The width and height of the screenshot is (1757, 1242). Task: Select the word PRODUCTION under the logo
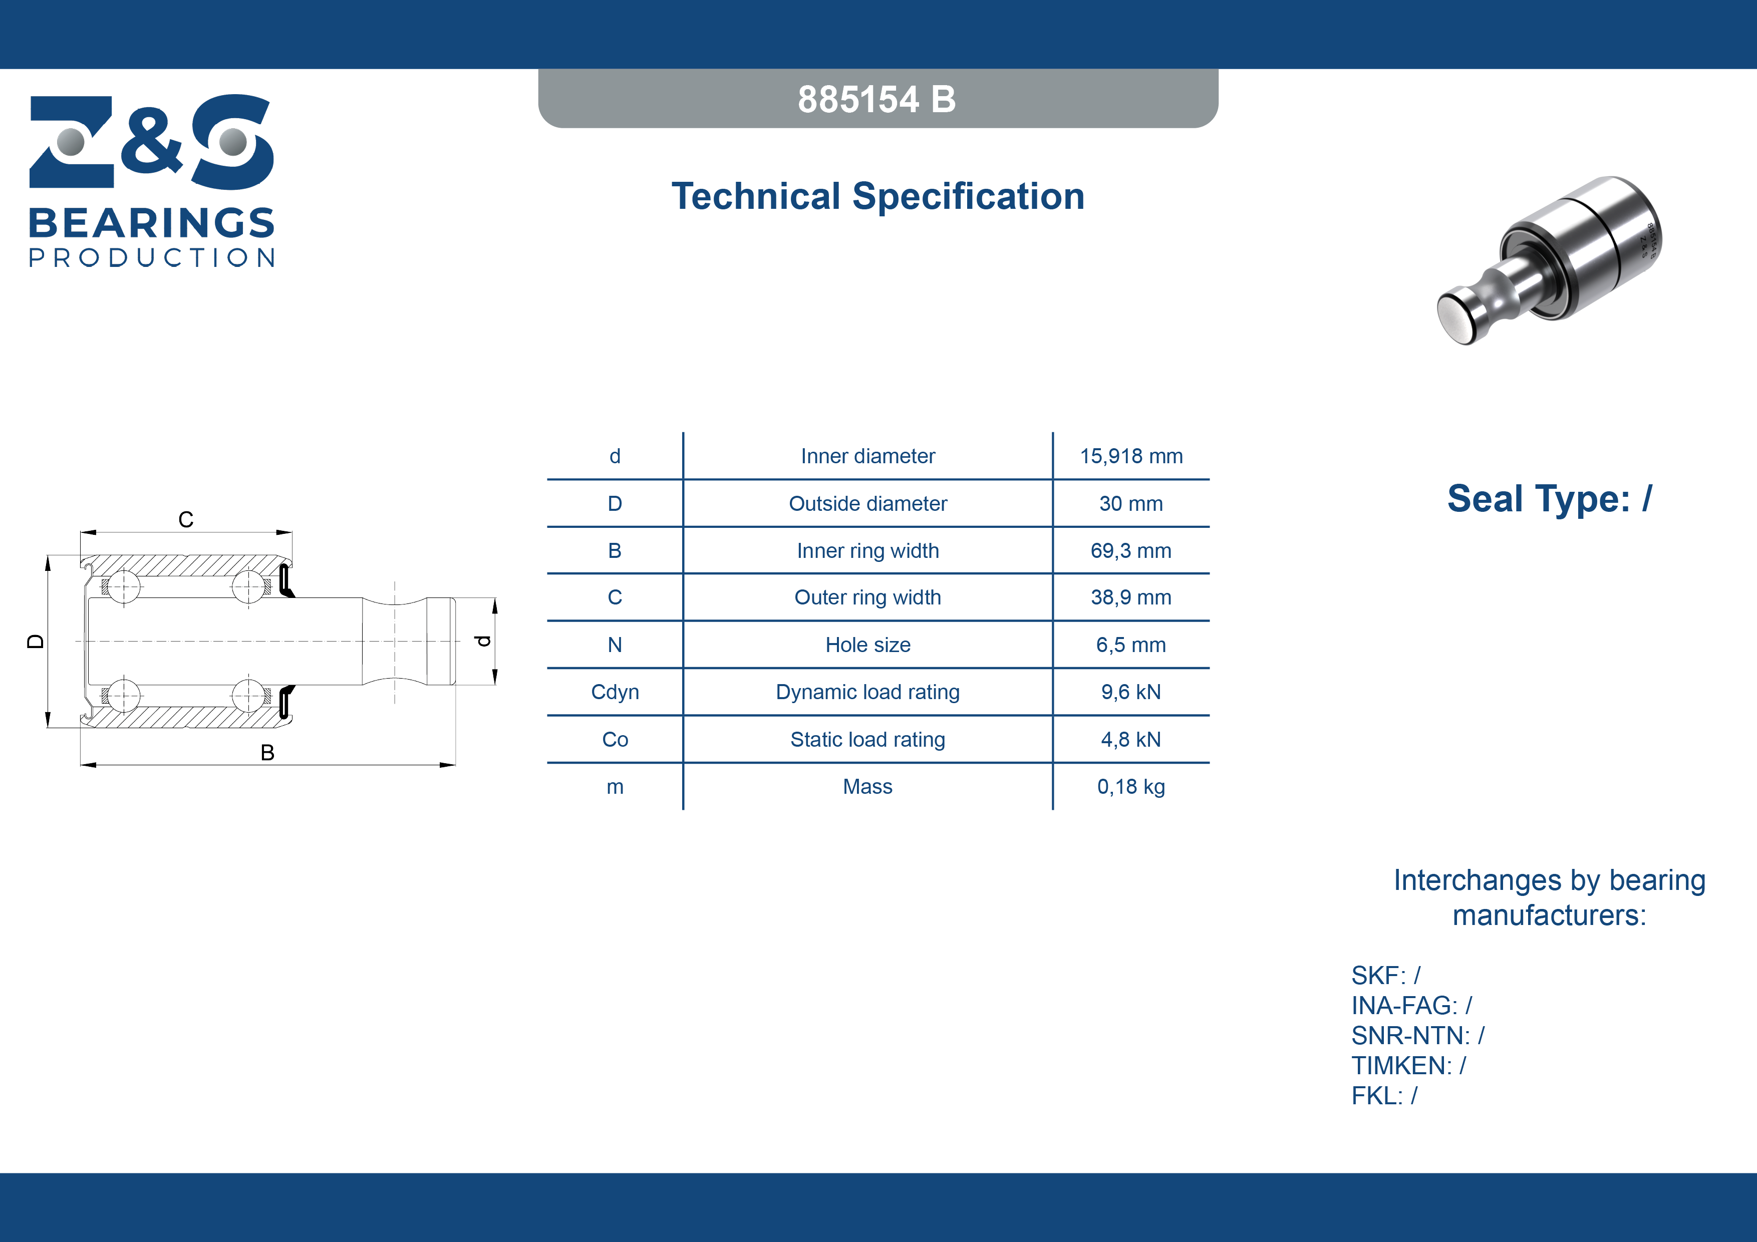coord(152,258)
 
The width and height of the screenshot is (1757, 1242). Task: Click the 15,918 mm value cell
coord(1131,456)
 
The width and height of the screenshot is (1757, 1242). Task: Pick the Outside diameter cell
coord(868,503)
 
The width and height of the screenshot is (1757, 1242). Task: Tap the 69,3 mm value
coord(1131,551)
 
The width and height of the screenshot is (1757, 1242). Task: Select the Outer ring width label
coord(868,597)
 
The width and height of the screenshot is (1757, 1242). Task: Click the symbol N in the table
coord(615,645)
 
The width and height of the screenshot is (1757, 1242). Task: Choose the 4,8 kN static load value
coord(1131,739)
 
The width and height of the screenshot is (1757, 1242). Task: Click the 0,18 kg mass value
coord(1131,787)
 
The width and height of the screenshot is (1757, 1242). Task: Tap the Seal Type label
coord(1550,499)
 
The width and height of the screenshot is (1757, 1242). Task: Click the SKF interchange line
coord(1386,976)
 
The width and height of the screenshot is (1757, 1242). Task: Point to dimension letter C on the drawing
coord(186,520)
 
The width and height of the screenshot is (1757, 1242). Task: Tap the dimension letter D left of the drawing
coord(35,641)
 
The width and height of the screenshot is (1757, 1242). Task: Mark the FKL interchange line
coord(1384,1096)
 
